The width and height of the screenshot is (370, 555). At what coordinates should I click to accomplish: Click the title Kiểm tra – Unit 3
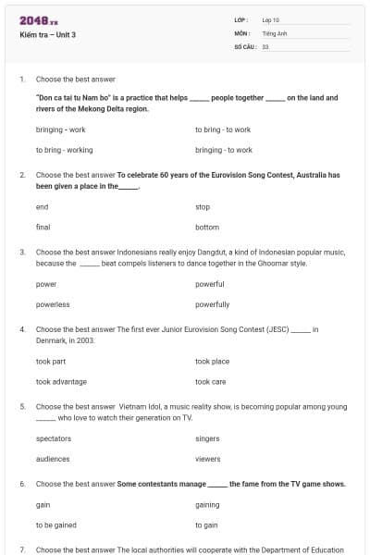pos(47,35)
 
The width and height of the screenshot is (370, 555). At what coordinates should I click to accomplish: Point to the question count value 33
pos(265,45)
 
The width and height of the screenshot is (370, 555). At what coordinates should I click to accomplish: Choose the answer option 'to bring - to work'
pos(223,129)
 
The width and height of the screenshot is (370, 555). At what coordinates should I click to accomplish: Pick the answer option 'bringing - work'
pos(60,129)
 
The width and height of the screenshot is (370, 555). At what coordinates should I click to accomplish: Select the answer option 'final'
pos(43,227)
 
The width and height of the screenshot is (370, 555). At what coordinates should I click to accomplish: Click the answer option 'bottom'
pos(207,227)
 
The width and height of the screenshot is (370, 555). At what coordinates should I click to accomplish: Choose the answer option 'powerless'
pos(52,303)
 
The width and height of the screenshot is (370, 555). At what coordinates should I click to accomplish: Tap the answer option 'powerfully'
pos(212,303)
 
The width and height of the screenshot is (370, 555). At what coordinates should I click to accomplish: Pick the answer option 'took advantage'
pos(61,381)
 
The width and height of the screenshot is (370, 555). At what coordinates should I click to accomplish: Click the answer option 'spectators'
pos(53,439)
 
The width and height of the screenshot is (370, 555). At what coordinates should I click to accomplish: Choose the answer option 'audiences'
pos(53,459)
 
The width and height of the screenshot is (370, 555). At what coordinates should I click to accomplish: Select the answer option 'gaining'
pos(207,505)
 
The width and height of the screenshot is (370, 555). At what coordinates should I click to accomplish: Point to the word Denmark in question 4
pos(50,340)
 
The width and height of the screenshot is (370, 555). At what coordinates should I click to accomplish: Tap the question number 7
pos(21,549)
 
